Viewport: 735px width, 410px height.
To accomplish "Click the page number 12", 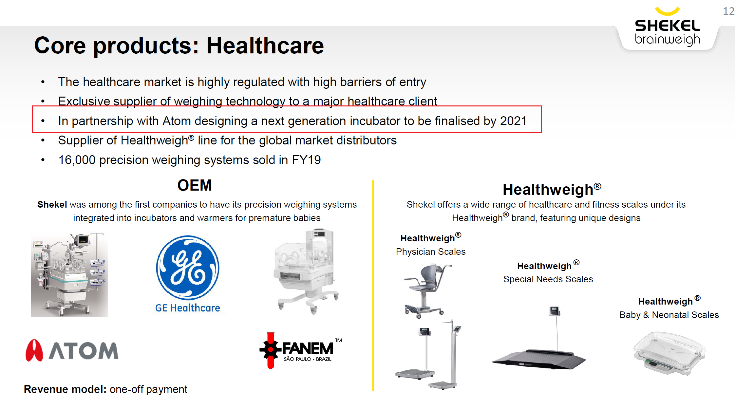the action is click(x=728, y=11).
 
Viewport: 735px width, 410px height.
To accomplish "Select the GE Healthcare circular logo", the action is click(x=188, y=268).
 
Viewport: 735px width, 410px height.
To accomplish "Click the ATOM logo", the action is click(x=72, y=350).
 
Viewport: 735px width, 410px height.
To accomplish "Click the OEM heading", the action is click(x=195, y=185).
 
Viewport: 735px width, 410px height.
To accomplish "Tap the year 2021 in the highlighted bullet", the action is click(x=513, y=121).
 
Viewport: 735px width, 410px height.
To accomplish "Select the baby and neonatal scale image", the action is click(x=669, y=353).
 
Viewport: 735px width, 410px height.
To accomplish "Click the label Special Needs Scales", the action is click(x=548, y=279).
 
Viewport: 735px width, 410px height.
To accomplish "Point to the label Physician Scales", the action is click(x=431, y=252).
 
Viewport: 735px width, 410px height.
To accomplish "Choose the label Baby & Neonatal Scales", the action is click(x=669, y=315).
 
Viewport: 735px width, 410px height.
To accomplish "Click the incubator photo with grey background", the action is click(x=69, y=274).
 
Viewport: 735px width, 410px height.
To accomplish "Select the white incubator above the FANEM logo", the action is click(x=306, y=271).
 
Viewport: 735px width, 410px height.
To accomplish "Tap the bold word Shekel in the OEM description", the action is click(x=52, y=205).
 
